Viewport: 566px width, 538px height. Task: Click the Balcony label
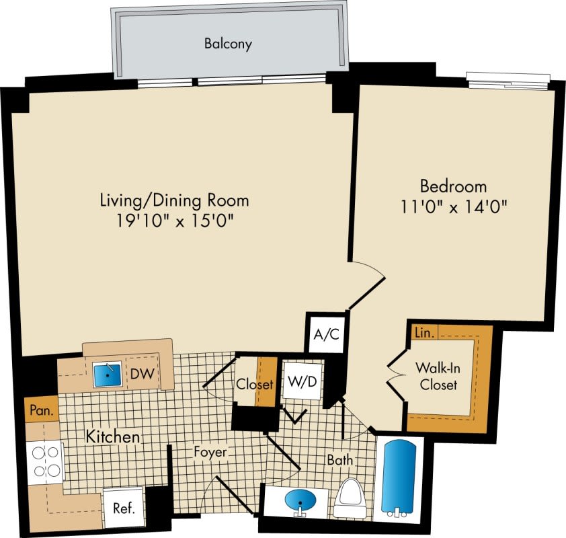click(228, 45)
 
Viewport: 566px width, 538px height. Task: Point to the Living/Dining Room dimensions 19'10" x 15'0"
click(174, 220)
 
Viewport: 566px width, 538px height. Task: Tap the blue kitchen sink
click(106, 373)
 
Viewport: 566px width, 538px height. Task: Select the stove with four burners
click(44, 461)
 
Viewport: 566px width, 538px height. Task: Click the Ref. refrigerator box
click(123, 508)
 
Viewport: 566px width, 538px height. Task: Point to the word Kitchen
click(112, 437)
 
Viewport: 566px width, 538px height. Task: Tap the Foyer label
click(210, 452)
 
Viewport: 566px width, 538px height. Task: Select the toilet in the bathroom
click(348, 499)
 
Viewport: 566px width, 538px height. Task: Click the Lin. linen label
click(424, 332)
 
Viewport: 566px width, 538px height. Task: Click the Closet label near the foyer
click(254, 385)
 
